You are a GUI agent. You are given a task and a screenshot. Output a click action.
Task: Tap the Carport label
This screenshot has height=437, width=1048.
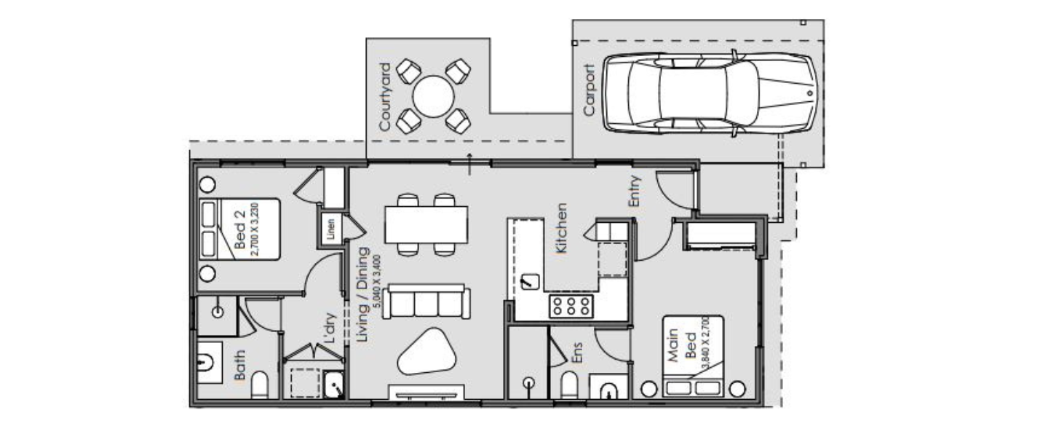589,90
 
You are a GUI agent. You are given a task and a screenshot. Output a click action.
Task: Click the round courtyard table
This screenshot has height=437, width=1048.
434,96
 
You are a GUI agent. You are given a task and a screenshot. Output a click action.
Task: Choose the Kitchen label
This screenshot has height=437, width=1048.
561,228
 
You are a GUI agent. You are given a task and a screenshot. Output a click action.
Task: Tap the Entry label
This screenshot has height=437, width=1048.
635,192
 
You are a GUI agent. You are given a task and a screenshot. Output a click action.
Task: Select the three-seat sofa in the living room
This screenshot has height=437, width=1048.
426,302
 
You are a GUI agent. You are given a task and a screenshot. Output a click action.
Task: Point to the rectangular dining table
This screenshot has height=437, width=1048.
426,224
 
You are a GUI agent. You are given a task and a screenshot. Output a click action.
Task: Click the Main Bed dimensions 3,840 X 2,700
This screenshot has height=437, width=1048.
704,342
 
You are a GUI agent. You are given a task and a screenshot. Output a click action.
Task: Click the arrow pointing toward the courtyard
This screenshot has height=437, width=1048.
470,165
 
